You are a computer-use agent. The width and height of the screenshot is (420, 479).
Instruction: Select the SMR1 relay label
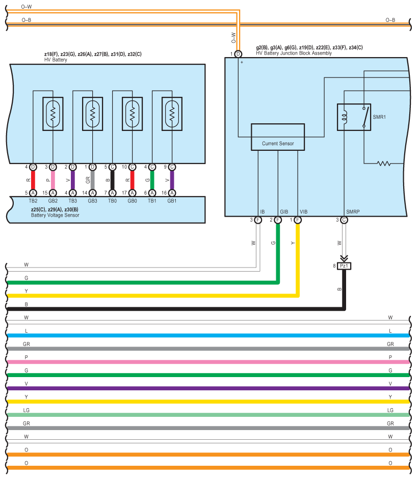click(379, 117)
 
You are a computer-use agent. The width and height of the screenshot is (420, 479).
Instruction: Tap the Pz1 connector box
click(344, 266)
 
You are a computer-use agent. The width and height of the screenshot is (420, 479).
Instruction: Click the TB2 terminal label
click(33, 201)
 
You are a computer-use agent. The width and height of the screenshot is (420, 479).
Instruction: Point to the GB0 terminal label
click(132, 201)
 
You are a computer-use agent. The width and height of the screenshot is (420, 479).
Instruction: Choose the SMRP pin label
click(353, 211)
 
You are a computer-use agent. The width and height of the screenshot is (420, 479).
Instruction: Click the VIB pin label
click(304, 211)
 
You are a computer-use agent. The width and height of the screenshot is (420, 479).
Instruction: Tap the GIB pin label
click(284, 211)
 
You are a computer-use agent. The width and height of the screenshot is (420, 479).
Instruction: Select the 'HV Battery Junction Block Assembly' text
click(294, 53)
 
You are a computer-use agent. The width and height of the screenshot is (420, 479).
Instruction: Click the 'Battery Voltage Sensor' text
click(55, 215)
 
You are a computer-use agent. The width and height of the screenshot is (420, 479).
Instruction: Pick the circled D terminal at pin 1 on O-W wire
click(238, 54)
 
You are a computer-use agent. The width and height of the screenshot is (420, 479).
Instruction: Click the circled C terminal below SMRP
click(344, 220)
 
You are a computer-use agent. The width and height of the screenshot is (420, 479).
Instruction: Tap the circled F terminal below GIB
click(278, 220)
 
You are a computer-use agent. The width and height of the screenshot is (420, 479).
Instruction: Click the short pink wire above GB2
click(53, 180)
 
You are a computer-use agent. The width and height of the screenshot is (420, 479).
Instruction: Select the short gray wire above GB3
click(93, 180)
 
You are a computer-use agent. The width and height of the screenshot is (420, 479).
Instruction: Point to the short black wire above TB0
click(113, 180)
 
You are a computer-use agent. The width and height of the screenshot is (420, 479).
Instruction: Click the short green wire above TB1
click(152, 180)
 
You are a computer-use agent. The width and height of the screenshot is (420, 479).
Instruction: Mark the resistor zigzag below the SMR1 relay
click(384, 164)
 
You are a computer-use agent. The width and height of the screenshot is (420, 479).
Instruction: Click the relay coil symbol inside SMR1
click(345, 117)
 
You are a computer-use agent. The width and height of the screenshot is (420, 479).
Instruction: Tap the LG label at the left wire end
click(27, 410)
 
